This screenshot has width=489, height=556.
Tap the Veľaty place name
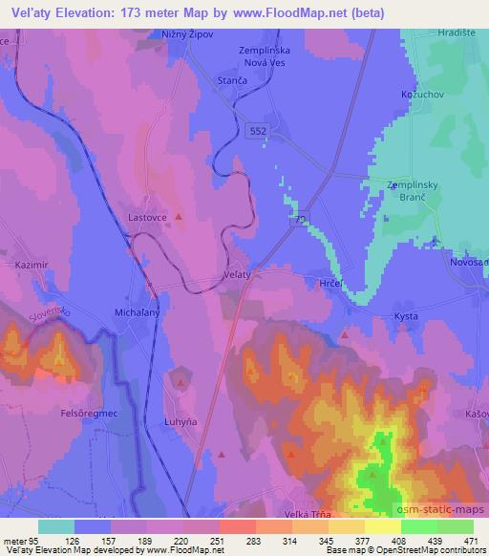(x=237, y=273)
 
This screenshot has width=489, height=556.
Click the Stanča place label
(x=234, y=83)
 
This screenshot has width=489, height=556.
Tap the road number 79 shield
(x=300, y=221)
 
